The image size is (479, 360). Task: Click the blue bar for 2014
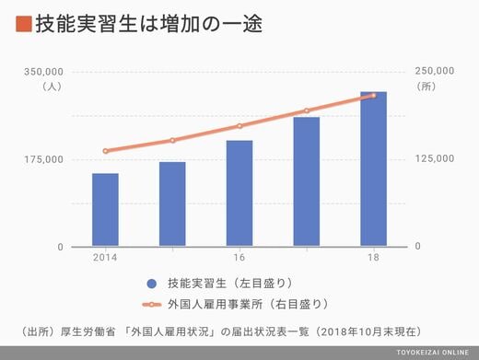tap(105, 210)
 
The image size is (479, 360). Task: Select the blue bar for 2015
tap(172, 203)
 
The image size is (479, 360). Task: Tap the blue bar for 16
tap(239, 193)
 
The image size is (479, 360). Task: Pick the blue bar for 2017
tap(307, 181)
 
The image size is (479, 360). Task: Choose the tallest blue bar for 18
tap(373, 168)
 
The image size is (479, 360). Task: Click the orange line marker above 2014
tap(106, 151)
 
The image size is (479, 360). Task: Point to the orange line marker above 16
tap(239, 126)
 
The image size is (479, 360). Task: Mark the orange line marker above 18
tap(373, 96)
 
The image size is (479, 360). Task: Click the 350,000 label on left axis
tap(43, 72)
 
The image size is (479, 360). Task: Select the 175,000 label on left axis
tap(44, 159)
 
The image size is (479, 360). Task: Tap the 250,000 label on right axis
tap(435, 71)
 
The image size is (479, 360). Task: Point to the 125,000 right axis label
tap(435, 158)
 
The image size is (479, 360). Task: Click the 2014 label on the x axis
tap(105, 257)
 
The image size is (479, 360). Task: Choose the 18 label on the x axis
tap(373, 257)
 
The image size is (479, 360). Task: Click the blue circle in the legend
tap(152, 284)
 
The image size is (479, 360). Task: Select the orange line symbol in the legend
tap(152, 305)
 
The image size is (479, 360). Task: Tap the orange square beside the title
tap(24, 24)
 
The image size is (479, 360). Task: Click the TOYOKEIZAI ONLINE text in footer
tap(432, 353)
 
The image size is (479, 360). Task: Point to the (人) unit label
tap(52, 87)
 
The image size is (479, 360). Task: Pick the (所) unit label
tap(426, 87)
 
